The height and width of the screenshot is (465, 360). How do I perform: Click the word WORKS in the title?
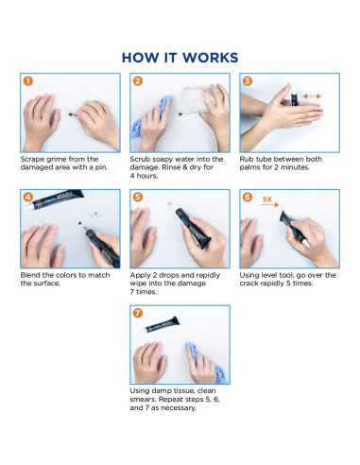click(x=211, y=58)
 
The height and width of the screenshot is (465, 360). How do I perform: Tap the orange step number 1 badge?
click(x=28, y=81)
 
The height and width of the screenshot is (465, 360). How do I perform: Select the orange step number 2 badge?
click(x=138, y=81)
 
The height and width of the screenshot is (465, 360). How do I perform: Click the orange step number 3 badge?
click(x=248, y=81)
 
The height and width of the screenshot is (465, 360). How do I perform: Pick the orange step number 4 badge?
click(x=28, y=198)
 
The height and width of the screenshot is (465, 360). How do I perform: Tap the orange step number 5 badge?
click(x=138, y=198)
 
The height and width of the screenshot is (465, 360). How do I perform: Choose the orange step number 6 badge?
click(x=248, y=198)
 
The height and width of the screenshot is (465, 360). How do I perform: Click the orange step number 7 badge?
click(x=138, y=313)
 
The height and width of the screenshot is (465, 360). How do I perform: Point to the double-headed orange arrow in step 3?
click(x=312, y=96)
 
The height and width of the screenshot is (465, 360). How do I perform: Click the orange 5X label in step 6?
click(x=267, y=199)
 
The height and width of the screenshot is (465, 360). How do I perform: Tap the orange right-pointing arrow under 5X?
click(x=270, y=205)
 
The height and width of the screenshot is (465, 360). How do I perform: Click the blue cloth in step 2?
click(x=149, y=118)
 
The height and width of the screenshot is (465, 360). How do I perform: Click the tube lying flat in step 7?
click(x=160, y=325)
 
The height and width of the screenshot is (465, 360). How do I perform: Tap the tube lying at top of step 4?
click(x=54, y=200)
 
